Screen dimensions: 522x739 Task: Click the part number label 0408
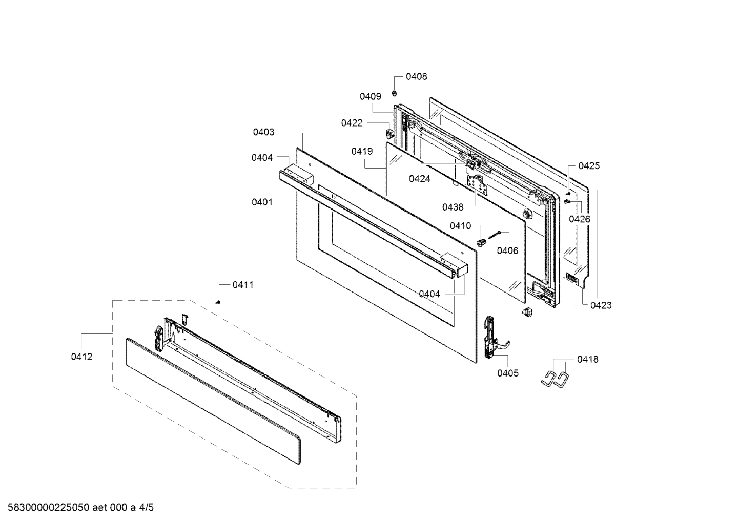click(x=416, y=77)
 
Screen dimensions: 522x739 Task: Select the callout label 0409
click(x=370, y=96)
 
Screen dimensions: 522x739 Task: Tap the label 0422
click(x=352, y=123)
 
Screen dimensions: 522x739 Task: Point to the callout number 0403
click(x=263, y=132)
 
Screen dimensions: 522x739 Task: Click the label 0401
click(x=262, y=202)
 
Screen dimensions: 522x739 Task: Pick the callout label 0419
click(x=362, y=151)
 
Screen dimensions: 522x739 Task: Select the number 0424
click(x=419, y=179)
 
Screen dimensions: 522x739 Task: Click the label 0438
click(x=453, y=207)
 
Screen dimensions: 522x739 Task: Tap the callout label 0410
click(x=461, y=226)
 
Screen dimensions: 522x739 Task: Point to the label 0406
click(x=507, y=250)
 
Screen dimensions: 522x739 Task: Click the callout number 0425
click(x=589, y=166)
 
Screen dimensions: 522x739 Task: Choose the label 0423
click(x=601, y=305)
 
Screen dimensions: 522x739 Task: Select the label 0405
click(x=507, y=373)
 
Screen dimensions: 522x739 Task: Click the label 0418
click(x=587, y=360)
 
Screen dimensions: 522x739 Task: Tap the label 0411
click(x=242, y=285)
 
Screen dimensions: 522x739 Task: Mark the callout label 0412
click(x=82, y=357)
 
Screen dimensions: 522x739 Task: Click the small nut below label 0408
click(x=395, y=93)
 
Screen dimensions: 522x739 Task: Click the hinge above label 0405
click(x=490, y=336)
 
